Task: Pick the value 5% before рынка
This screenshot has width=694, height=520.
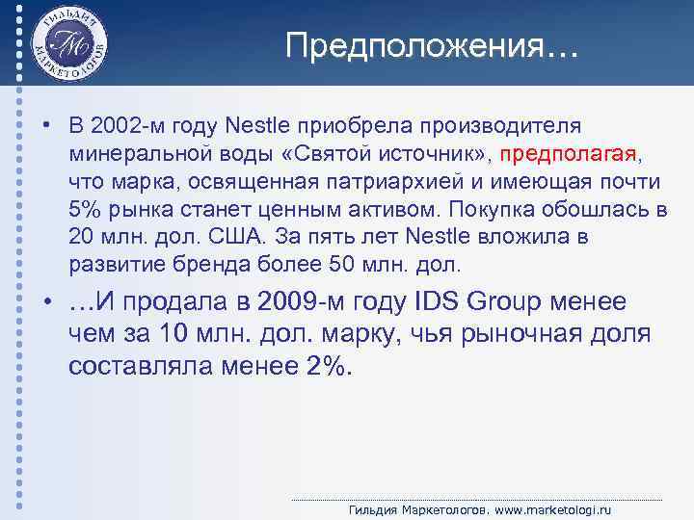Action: click(x=85, y=209)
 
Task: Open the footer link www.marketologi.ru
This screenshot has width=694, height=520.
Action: click(x=557, y=509)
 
